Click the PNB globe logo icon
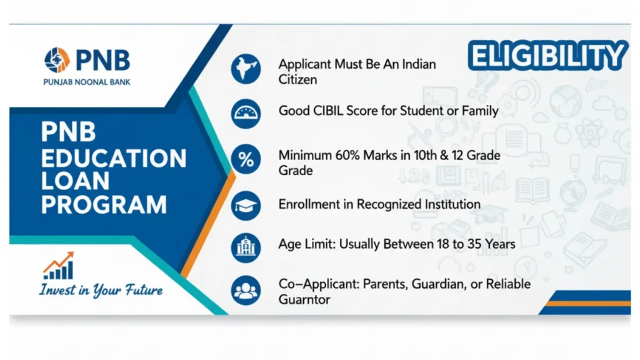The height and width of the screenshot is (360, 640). point(57,60)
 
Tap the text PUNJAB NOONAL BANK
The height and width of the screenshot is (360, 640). point(87,82)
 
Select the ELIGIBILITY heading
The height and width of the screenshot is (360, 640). point(547,56)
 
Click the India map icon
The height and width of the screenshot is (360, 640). point(246,69)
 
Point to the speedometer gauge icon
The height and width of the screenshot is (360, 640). point(246,114)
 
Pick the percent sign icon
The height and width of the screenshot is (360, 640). point(246,159)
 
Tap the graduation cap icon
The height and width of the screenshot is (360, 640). point(246,205)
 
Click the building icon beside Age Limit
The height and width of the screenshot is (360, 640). point(246,247)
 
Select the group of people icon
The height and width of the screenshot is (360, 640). point(246,290)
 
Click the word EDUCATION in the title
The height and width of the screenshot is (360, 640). point(114,158)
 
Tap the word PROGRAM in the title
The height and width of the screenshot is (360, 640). point(104,204)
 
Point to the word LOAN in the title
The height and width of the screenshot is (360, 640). point(75,181)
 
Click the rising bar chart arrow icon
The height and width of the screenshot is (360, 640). point(59,265)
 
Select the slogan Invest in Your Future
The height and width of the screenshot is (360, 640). point(101,290)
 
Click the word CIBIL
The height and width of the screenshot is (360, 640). point(328,111)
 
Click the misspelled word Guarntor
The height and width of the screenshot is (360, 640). point(304,299)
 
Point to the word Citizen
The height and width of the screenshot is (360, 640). point(297,79)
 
